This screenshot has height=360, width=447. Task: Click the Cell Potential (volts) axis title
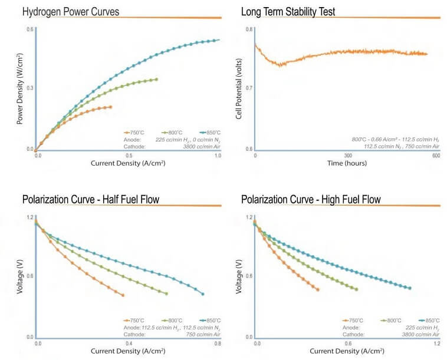[238, 88]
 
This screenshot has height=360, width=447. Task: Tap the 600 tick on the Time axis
[436, 156]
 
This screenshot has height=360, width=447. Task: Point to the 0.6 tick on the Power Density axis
[29, 30]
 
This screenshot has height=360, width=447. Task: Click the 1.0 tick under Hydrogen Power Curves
[218, 156]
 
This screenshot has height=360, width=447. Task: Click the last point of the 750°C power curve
[110, 107]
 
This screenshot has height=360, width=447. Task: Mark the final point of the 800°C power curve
[156, 79]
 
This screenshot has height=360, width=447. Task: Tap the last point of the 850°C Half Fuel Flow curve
[203, 293]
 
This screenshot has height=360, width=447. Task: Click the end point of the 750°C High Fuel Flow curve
[317, 289]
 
